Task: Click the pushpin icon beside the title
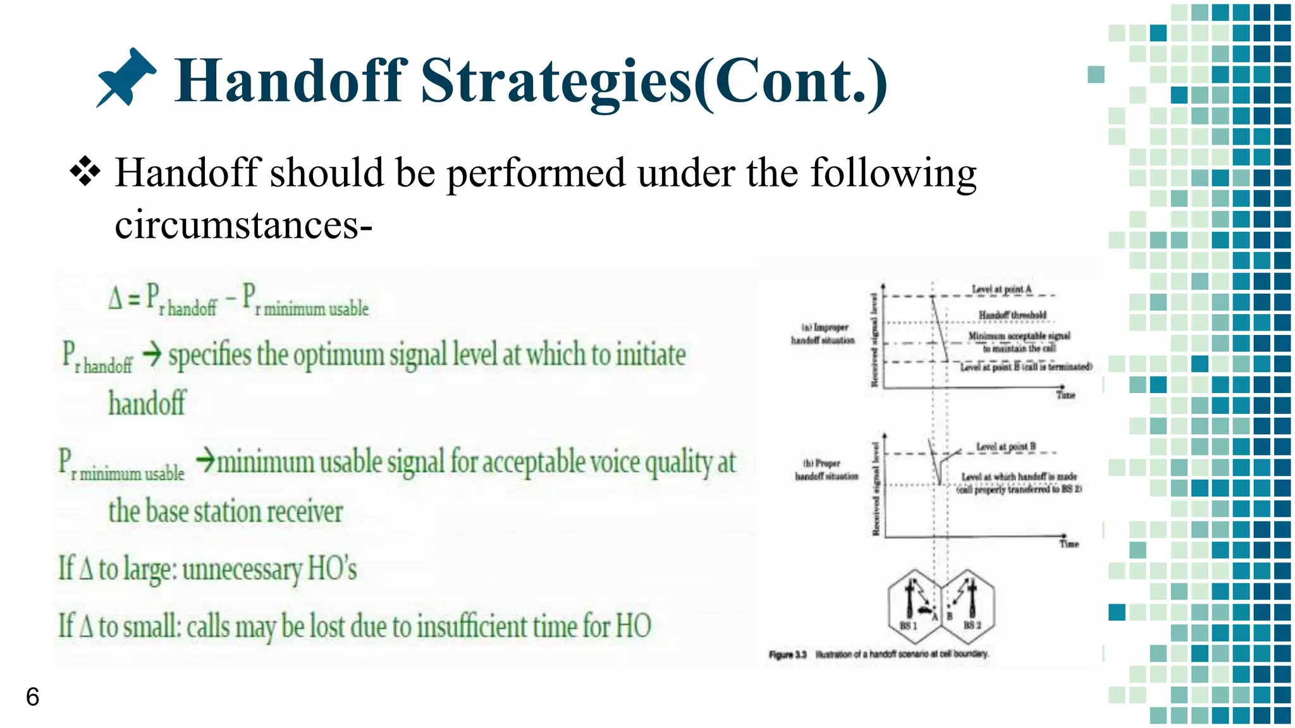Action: click(x=126, y=78)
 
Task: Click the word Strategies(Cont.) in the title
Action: click(x=654, y=81)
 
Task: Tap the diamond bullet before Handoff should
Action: click(x=85, y=172)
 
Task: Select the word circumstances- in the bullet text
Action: click(x=243, y=225)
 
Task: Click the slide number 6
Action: click(x=32, y=696)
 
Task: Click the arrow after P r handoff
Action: click(x=152, y=355)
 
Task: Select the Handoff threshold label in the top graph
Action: click(x=1012, y=315)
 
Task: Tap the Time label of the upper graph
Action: click(x=1065, y=395)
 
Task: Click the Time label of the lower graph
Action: click(x=1069, y=544)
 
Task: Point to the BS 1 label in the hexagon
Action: click(x=908, y=625)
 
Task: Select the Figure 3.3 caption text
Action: click(x=878, y=654)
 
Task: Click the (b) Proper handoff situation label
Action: click(x=826, y=470)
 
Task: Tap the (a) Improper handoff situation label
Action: click(x=823, y=334)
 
